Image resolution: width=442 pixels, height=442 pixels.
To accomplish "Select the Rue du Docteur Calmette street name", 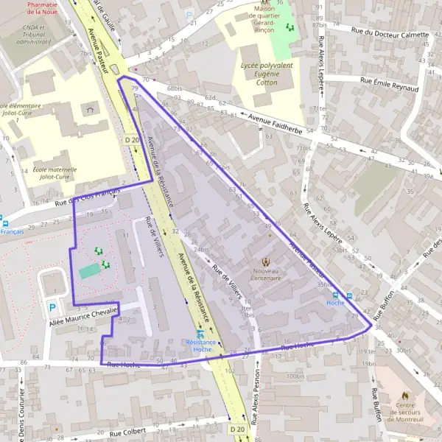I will (x=390, y=33).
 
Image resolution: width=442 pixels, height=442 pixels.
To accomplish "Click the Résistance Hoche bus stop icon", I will (x=200, y=334).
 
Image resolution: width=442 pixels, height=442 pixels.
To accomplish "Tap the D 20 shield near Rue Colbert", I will (x=236, y=429).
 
